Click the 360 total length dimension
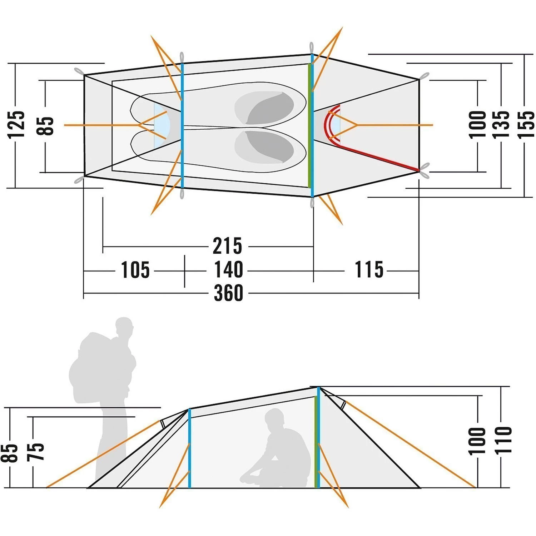228,293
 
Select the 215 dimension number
227,246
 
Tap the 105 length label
135,270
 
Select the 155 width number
526,124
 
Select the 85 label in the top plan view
45,126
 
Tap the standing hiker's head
124,326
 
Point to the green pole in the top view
309,125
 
